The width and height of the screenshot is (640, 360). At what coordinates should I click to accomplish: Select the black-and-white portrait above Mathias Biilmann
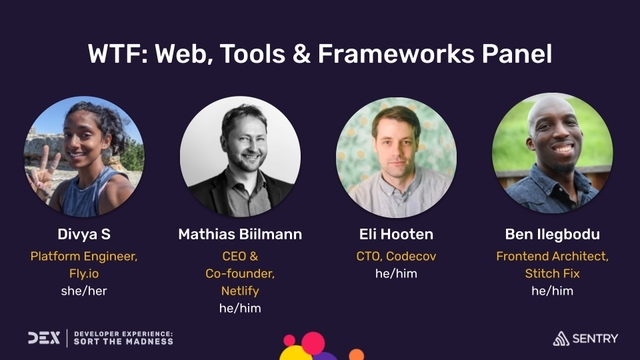[240, 155]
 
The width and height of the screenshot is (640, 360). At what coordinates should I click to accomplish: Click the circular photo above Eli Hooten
[398, 155]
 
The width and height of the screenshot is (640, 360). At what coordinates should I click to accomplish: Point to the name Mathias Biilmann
[240, 234]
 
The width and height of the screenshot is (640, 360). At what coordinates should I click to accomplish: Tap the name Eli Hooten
[398, 234]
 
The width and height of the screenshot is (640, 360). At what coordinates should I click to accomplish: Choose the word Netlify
[240, 290]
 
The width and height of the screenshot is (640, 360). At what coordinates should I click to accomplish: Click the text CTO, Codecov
[398, 255]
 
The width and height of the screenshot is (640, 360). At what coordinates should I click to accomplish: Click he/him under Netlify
[240, 308]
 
